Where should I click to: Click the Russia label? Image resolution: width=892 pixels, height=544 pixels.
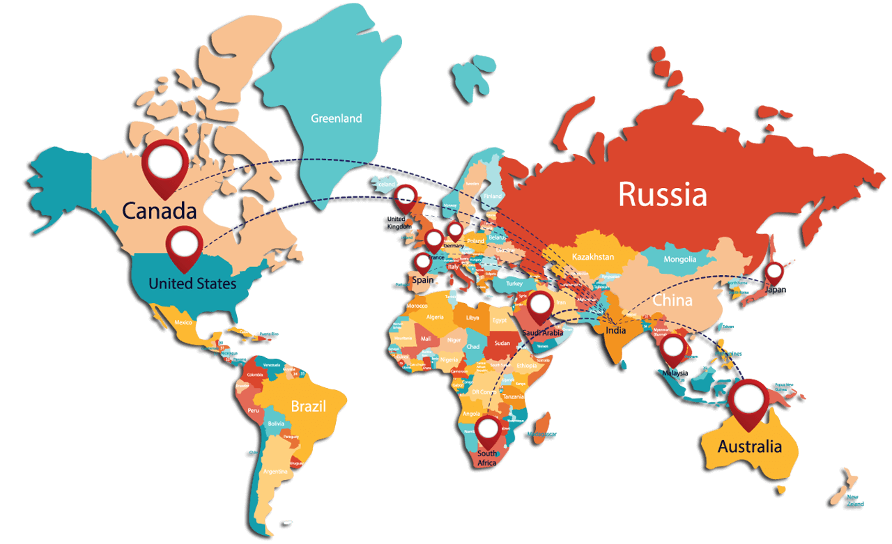[x=663, y=194]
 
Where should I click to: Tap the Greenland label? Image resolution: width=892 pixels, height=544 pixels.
[x=336, y=118]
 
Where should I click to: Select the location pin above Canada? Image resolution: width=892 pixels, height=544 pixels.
[x=165, y=164]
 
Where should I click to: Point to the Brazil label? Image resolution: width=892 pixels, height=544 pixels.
[x=309, y=406]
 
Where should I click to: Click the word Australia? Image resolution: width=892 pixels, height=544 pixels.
[x=749, y=446]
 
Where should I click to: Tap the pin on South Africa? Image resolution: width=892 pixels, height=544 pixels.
[x=489, y=429]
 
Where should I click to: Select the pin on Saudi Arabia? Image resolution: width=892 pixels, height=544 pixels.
[x=541, y=306]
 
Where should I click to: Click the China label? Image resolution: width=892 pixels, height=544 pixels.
[x=672, y=301]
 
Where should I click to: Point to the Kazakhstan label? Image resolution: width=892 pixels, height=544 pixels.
[x=593, y=257]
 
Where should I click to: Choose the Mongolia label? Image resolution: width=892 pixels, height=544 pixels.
[x=679, y=259]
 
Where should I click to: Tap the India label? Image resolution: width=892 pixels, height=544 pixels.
[x=615, y=330]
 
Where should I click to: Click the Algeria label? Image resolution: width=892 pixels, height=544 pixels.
[x=434, y=317]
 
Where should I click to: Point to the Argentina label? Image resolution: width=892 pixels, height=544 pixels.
[x=275, y=472]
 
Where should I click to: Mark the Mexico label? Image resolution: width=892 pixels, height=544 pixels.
[x=183, y=322]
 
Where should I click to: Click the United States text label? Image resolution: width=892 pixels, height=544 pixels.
[x=192, y=283]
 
